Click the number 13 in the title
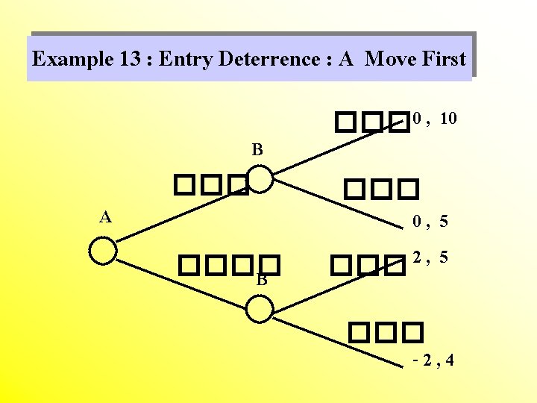point(132,59)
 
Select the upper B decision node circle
point(259,180)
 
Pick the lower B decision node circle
point(259,309)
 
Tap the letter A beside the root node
point(106,217)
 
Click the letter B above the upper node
point(257,150)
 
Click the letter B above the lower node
point(262,281)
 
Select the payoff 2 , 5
point(431,257)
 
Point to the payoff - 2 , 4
point(433,362)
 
